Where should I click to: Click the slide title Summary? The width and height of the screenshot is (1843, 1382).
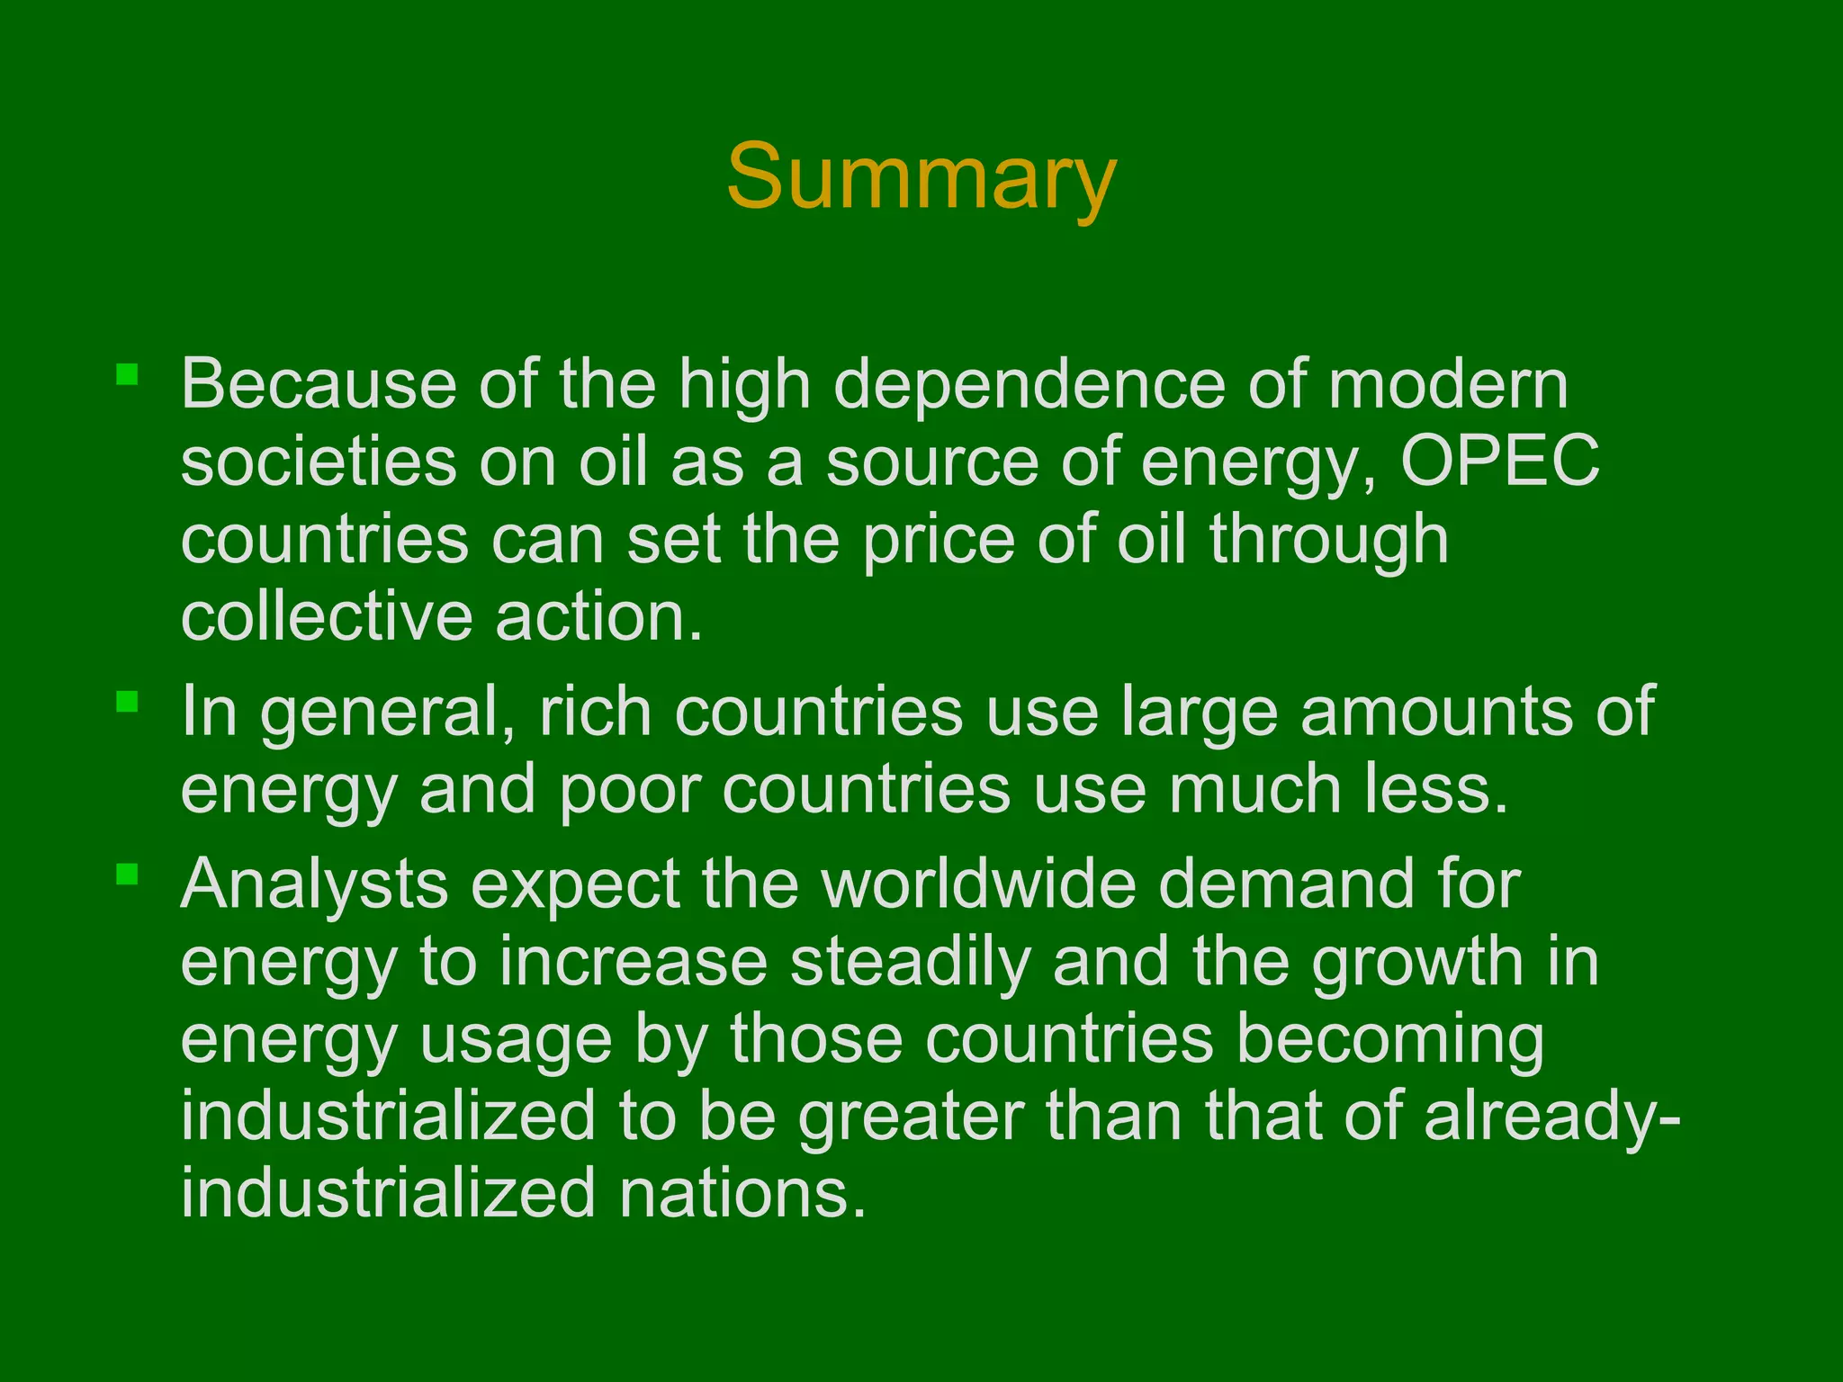tap(921, 177)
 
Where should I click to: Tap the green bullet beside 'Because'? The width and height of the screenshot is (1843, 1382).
tap(127, 374)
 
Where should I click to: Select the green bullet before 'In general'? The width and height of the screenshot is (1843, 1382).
tap(127, 701)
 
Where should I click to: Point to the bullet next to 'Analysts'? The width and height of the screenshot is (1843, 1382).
tap(127, 874)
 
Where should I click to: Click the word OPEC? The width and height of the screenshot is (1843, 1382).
tap(1500, 462)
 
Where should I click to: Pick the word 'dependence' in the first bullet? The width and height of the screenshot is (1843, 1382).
tap(1029, 385)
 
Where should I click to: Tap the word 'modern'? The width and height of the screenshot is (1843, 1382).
tap(1448, 385)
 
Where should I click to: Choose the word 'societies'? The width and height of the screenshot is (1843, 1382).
tap(319, 462)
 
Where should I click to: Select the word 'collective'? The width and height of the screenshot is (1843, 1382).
tap(326, 617)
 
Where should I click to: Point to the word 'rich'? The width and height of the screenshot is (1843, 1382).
tap(595, 712)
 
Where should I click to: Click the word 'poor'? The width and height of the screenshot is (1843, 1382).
tap(630, 790)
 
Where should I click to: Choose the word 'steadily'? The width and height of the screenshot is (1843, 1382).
tap(910, 962)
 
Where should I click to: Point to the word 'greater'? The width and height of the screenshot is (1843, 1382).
tap(911, 1117)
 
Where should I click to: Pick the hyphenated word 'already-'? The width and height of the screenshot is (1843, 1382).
tap(1551, 1117)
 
